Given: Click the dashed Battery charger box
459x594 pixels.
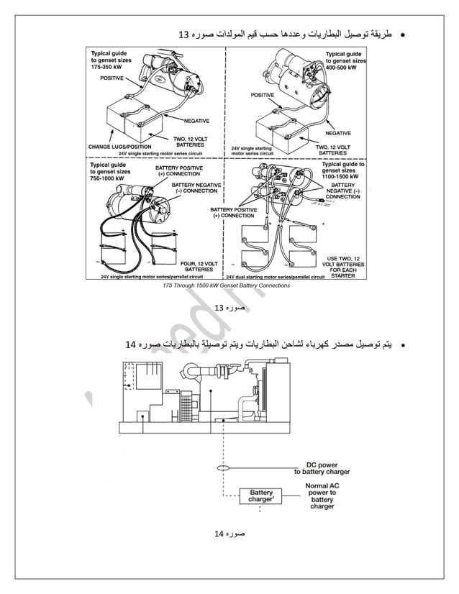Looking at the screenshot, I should click(260, 496).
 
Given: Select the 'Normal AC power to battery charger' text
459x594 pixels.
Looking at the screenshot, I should click(322, 496).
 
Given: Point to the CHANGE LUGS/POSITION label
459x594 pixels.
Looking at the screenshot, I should click(119, 147).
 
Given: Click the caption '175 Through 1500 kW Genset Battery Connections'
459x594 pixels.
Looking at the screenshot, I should click(227, 285).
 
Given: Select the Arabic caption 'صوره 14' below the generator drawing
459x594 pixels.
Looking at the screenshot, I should click(230, 534).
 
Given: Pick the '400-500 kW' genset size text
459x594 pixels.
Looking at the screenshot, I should click(345, 68).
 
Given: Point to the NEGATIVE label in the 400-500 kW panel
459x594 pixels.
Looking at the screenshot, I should click(337, 133).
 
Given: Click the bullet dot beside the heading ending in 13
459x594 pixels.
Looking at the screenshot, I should click(403, 35).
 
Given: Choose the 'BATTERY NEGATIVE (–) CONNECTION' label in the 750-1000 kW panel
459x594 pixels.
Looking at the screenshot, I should click(196, 188).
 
